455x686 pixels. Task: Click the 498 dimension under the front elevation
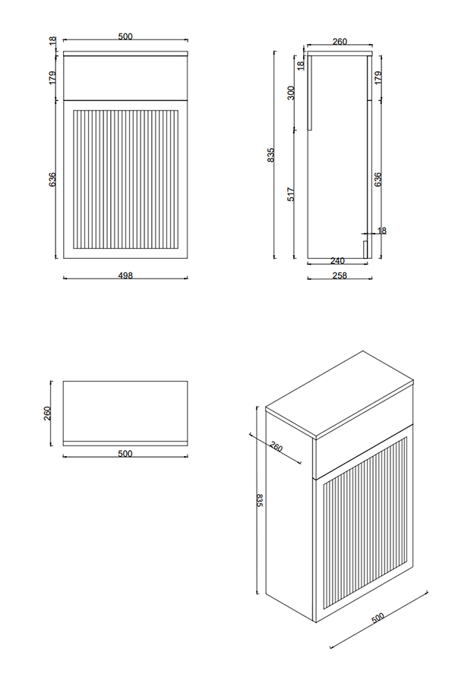[125, 275]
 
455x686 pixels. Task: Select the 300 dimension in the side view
[291, 95]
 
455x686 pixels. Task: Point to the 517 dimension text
[291, 194]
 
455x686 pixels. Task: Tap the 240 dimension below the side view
[338, 260]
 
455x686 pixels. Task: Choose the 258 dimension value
[340, 275]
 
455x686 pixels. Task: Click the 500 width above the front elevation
[125, 35]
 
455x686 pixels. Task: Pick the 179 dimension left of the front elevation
[52, 77]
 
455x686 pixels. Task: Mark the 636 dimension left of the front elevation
[52, 179]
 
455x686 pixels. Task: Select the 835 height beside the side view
[270, 156]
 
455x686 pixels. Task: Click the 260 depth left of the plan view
[47, 413]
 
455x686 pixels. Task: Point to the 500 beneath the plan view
[125, 454]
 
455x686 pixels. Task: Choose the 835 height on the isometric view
[259, 502]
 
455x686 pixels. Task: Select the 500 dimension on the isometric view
[377, 619]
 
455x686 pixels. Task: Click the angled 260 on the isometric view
[276, 447]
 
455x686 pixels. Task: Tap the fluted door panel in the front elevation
[125, 179]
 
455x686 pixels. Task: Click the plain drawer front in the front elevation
[125, 77]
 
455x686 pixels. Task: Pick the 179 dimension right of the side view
[378, 77]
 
